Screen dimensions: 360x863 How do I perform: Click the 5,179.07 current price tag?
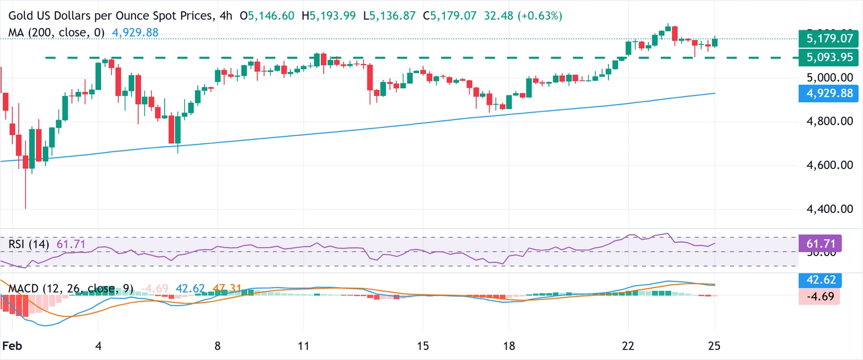[x=820, y=39]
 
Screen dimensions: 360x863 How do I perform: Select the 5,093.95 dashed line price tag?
[x=820, y=57]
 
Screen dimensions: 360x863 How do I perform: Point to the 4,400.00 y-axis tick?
[x=821, y=209]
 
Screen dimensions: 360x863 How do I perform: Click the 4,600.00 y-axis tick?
[x=821, y=165]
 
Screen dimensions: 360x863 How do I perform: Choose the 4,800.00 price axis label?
[x=821, y=121]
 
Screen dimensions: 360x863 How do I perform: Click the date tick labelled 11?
[x=304, y=345]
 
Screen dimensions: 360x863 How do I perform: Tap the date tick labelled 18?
[x=509, y=345]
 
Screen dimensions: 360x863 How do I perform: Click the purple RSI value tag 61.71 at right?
[x=820, y=244]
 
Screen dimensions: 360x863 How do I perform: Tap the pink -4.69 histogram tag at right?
[x=820, y=296]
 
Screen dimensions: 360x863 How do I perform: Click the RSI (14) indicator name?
[x=29, y=244]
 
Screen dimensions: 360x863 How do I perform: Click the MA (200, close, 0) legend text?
[x=57, y=33]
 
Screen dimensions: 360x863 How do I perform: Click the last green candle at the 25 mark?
[x=715, y=42]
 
